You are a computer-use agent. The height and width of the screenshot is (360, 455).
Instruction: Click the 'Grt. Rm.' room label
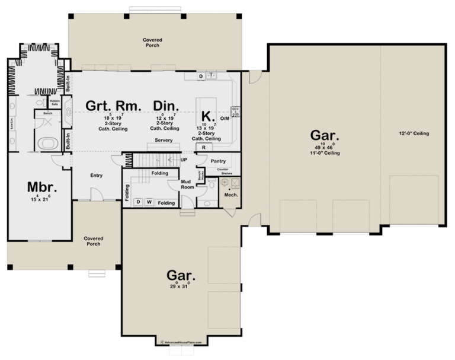114,106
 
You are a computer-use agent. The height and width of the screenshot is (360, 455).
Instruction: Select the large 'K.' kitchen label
206,115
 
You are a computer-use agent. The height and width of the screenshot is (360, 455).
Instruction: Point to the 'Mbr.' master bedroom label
41,187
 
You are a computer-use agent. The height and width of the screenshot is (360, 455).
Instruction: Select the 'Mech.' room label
230,195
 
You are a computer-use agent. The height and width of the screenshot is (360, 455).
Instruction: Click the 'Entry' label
96,175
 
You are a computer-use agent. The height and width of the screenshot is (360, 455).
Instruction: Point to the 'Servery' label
164,140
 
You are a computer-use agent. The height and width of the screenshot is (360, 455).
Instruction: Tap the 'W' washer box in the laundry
149,202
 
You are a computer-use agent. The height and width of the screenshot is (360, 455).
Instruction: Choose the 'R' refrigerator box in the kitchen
204,147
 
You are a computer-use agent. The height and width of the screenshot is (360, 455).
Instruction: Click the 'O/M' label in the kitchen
225,119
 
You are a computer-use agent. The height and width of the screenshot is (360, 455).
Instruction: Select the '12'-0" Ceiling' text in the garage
414,133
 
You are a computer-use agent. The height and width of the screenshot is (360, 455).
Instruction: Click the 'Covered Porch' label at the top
152,43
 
